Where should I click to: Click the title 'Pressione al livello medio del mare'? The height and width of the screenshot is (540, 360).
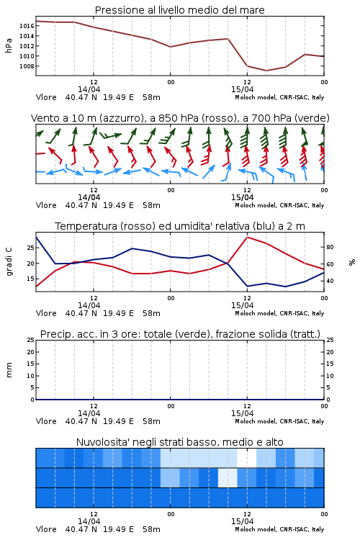coord(179,10)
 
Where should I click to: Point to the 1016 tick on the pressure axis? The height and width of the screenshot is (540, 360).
coord(27,26)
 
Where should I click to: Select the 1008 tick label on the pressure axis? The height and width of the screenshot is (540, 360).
coord(27,66)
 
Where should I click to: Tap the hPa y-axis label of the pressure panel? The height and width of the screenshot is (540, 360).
coord(9,45)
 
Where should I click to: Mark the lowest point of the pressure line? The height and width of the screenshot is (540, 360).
coord(266,71)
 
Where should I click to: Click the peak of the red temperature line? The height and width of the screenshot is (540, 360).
coord(247,237)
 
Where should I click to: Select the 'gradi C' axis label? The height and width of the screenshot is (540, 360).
coord(9,262)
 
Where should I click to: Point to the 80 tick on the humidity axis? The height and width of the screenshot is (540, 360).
coord(330,247)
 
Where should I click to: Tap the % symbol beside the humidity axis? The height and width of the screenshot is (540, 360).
coord(352,262)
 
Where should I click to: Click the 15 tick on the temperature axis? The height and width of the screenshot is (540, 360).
coord(30,279)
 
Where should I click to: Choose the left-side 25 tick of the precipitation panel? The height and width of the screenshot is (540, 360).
coord(31,340)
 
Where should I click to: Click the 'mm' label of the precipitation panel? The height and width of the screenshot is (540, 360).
coord(9,370)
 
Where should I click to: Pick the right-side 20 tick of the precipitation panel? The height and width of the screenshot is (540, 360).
coord(330,352)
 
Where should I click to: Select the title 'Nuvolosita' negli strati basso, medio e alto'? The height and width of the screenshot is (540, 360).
coord(179,442)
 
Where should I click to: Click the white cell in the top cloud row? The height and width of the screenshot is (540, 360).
coord(247,458)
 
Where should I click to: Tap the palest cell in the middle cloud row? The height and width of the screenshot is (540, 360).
coord(228,477)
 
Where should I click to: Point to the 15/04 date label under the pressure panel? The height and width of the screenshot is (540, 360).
coord(242,89)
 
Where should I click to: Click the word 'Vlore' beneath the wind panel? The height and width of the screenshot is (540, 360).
coord(46,205)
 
